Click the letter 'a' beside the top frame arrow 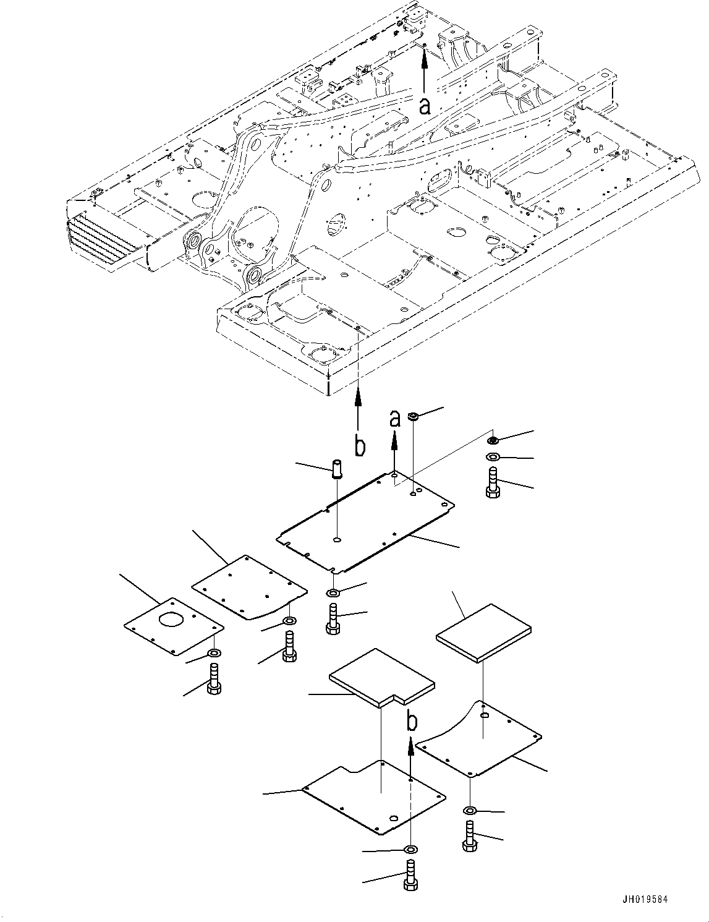(424, 106)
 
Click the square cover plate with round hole (172, 624)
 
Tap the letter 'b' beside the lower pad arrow (412, 721)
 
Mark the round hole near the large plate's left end (336, 540)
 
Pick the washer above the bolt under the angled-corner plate (289, 621)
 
